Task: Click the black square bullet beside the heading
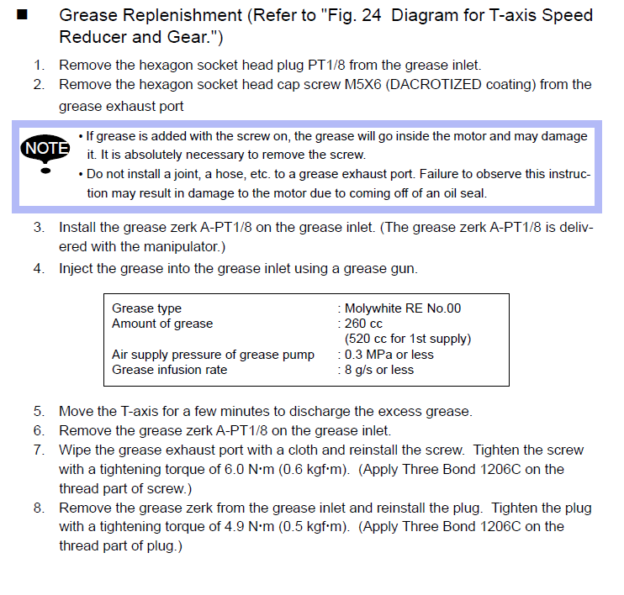[x=22, y=15]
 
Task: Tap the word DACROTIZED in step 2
[x=434, y=85]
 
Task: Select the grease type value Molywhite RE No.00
[x=402, y=308]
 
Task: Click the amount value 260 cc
[x=363, y=324]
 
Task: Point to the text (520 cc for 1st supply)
[x=408, y=339]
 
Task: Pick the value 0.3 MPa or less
[x=389, y=355]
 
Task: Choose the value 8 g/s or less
[x=378, y=370]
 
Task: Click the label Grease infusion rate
[x=170, y=370]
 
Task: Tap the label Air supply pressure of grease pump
[x=214, y=355]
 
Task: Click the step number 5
[x=38, y=411]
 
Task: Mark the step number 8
[x=38, y=508]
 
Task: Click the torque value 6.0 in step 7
[x=235, y=469]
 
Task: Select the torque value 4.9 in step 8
[x=235, y=527]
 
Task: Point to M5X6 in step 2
[x=363, y=85]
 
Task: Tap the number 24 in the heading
[x=372, y=15]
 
